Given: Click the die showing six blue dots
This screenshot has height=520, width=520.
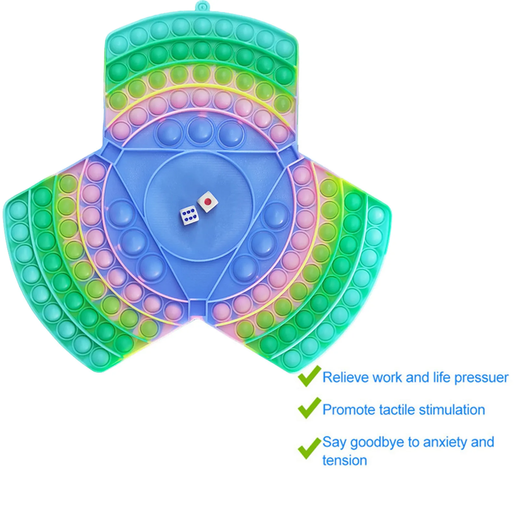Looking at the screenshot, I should coord(189,215).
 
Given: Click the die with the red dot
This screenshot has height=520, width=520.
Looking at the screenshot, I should coord(207,202).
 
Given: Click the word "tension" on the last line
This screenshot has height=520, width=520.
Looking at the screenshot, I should coord(344,461).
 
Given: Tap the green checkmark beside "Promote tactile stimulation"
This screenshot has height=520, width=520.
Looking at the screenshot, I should coord(308,409).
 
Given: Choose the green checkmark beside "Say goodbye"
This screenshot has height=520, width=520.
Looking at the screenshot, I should coord(308,448).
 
